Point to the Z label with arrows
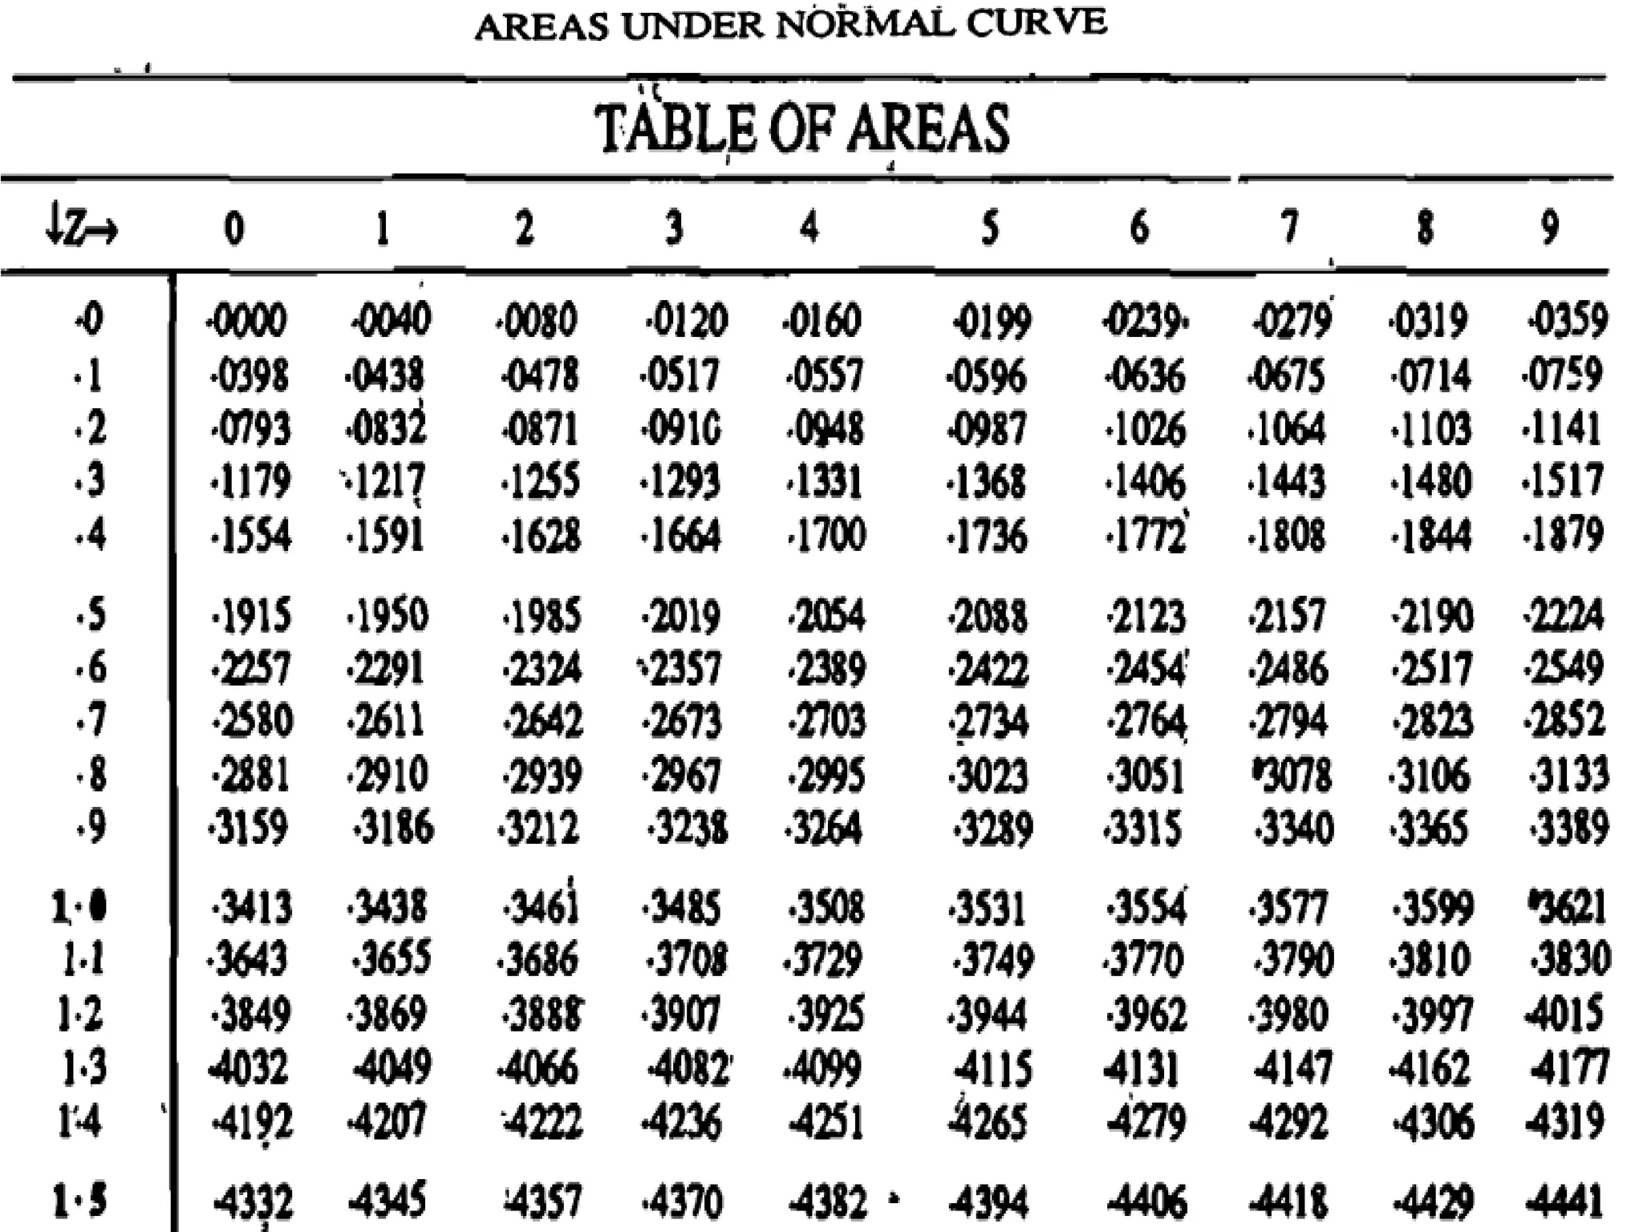pyautogui.click(x=83, y=230)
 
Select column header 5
pyautogui.click(x=990, y=228)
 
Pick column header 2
pyautogui.click(x=524, y=228)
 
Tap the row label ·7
pyautogui.click(x=90, y=720)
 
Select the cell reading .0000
pyautogui.click(x=246, y=322)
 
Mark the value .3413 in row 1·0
pyautogui.click(x=251, y=907)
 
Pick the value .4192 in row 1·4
pyautogui.click(x=251, y=1122)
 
